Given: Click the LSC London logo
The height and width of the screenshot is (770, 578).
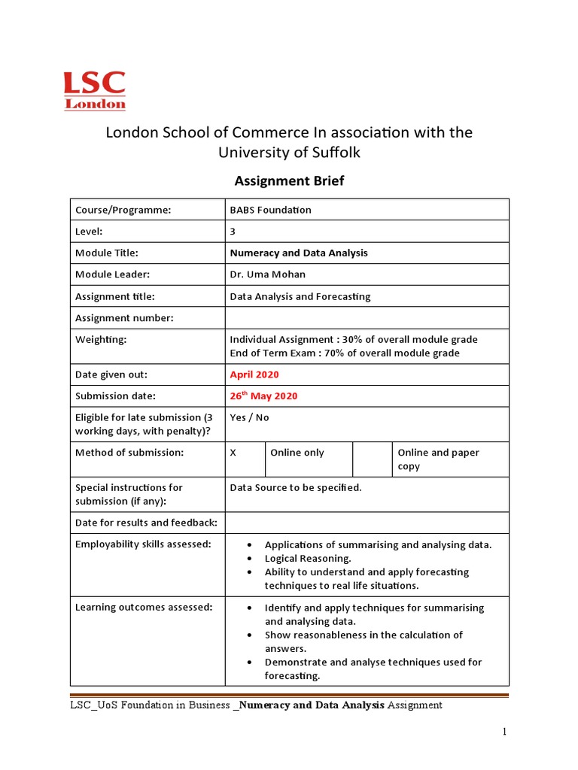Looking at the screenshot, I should [x=94, y=91].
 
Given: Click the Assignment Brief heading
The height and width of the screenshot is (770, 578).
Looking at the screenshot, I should [x=289, y=180].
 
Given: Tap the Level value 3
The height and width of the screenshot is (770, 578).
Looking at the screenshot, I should [x=233, y=232].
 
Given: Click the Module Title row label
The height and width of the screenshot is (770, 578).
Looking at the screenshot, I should [x=107, y=253].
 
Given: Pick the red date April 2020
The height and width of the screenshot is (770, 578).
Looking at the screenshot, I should [x=254, y=374].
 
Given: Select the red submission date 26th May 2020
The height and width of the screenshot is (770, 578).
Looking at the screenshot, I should [x=263, y=396].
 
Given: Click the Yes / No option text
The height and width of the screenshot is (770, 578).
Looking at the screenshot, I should [x=249, y=417].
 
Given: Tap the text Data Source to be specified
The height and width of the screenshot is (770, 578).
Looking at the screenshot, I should [x=296, y=487].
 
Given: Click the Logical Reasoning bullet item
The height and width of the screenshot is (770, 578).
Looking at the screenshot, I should [x=308, y=559].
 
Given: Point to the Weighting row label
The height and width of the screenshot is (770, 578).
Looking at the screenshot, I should [x=101, y=339].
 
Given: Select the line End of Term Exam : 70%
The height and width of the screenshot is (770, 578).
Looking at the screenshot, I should [x=345, y=353].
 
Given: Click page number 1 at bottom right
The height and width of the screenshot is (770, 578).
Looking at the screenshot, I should [x=506, y=732].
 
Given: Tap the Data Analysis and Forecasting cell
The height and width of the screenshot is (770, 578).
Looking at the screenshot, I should [x=300, y=296].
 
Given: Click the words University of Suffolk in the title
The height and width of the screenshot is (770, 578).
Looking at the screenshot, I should [x=289, y=153].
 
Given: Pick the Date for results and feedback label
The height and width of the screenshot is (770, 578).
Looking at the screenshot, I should [x=146, y=523].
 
